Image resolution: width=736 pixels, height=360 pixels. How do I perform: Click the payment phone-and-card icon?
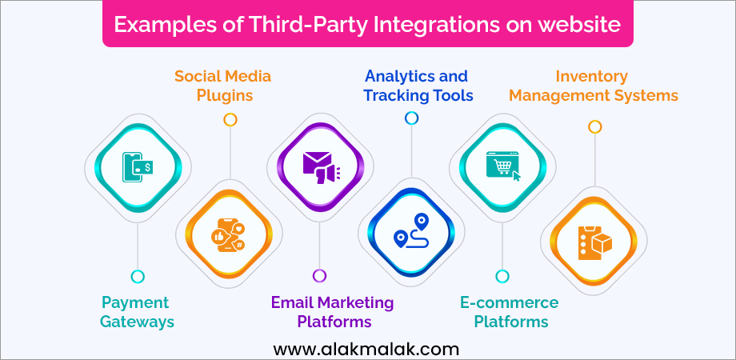137,167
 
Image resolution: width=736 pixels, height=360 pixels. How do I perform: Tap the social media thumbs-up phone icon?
229,234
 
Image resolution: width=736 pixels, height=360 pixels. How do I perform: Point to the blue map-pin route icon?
412,230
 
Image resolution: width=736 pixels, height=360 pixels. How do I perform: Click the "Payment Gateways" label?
138,312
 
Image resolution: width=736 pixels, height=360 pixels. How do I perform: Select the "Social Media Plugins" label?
223,86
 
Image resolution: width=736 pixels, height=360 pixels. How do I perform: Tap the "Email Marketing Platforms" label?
332,312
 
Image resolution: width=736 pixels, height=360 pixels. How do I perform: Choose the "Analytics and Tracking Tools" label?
418,86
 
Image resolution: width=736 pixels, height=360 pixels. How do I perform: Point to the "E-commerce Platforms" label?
510,312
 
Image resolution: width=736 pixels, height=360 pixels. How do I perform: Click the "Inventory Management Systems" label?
594,86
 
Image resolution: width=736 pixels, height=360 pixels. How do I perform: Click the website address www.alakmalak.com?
366,350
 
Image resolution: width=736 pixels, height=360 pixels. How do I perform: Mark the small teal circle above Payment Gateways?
138,277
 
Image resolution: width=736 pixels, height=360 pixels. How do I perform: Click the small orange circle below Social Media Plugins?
230,120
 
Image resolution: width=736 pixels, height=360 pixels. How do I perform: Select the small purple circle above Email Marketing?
320,275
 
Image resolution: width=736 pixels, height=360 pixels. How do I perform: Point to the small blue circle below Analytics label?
412,118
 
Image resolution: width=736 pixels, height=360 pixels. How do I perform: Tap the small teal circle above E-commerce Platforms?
502,277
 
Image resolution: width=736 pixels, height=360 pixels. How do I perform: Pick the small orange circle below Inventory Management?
594,126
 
